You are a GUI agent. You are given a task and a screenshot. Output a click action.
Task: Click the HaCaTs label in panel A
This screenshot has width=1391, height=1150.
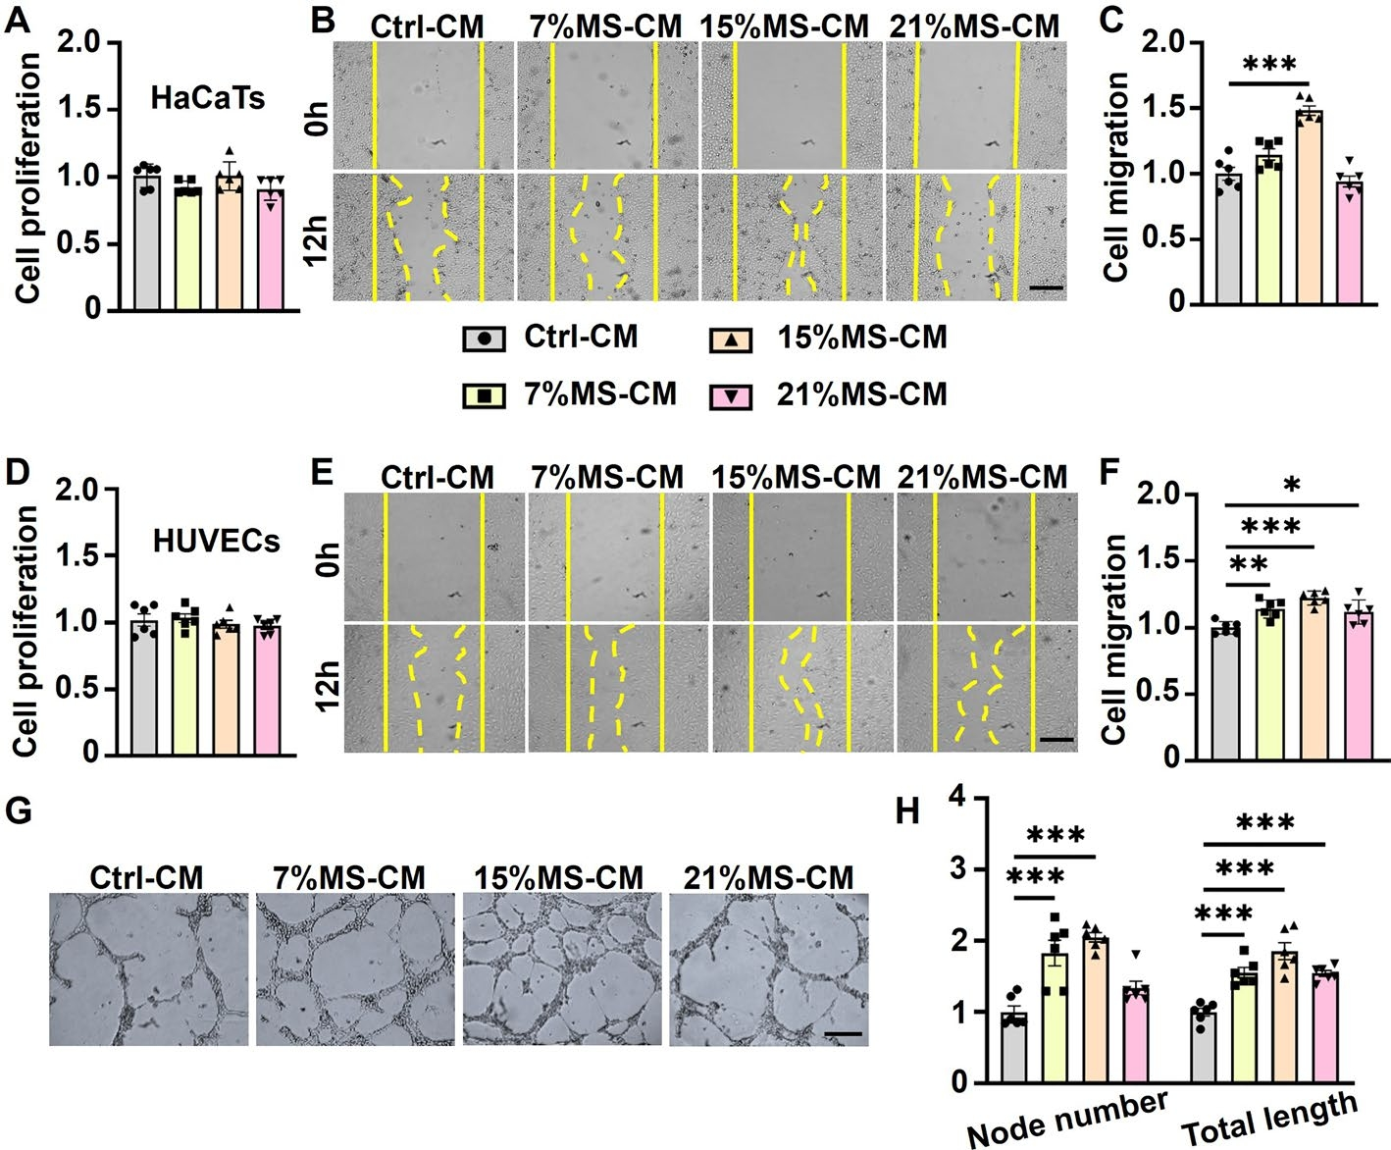pos(208,98)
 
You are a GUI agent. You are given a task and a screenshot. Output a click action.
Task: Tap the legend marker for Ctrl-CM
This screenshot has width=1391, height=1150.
pos(484,340)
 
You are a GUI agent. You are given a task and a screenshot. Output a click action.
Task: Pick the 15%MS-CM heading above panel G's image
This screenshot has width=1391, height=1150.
pos(558,876)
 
